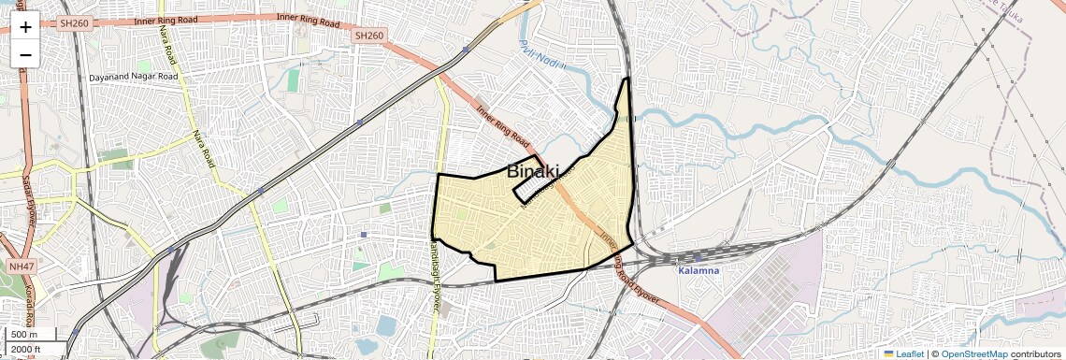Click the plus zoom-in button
25,26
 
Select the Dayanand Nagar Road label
133,77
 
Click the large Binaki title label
532,172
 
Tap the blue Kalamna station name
699,270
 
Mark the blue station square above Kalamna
698,255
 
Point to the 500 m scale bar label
24,335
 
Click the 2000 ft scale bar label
25,350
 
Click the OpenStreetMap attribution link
973,353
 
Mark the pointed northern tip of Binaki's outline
627,79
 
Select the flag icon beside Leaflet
888,353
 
